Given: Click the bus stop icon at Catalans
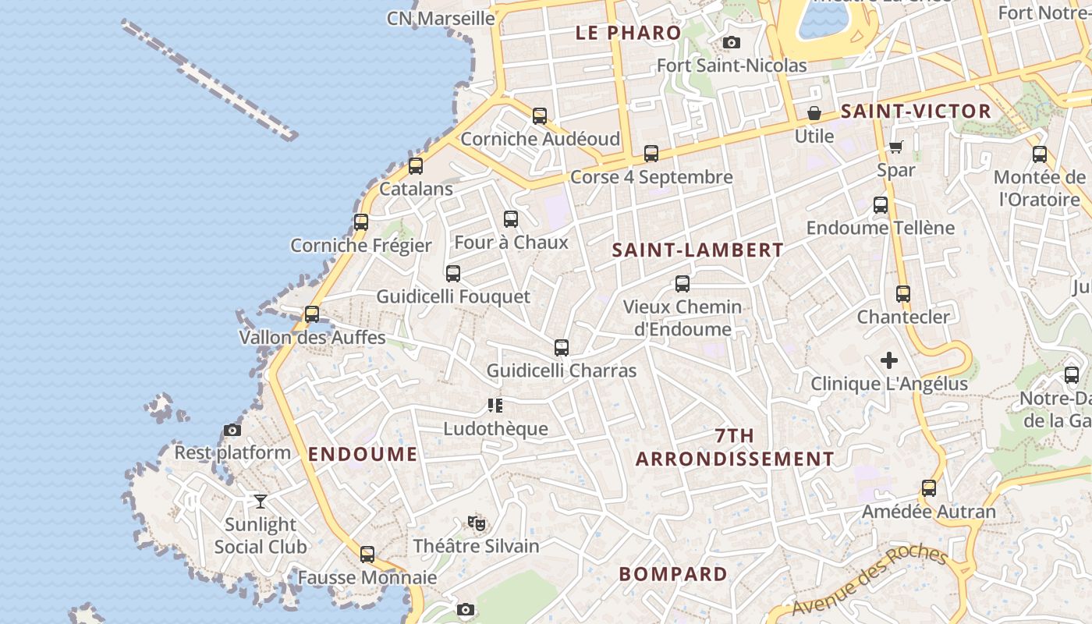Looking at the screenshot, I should pos(416,166).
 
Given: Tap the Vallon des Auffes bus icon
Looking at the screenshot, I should pos(312,314).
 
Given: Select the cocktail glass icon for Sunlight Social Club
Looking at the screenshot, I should pos(261,502).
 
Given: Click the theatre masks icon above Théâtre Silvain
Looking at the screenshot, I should pos(477,523).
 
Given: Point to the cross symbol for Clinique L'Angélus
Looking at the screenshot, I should pos(889,360).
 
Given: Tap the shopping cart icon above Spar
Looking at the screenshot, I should pos(896,147).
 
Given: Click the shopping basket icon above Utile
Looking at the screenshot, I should pos(814,114).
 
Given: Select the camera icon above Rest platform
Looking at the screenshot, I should pos(232,430).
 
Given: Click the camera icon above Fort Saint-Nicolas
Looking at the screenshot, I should pos(731,43).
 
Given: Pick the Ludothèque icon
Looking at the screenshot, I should pos(495,406).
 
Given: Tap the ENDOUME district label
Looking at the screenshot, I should pos(363,455).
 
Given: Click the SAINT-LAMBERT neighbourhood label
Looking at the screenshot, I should pos(697,250).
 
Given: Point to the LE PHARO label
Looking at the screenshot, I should pos(628,33).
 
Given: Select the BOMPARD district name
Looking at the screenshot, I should pos(672,574).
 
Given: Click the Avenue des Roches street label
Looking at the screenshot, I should pos(870,582).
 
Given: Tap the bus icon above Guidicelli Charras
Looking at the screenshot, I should pos(562,348).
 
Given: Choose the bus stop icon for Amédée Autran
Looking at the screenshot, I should pos(929,488).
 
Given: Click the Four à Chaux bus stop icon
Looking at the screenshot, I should pos(511,219).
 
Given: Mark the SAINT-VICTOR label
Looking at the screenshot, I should pos(916,112).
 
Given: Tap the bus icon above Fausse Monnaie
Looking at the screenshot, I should pos(367,555).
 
